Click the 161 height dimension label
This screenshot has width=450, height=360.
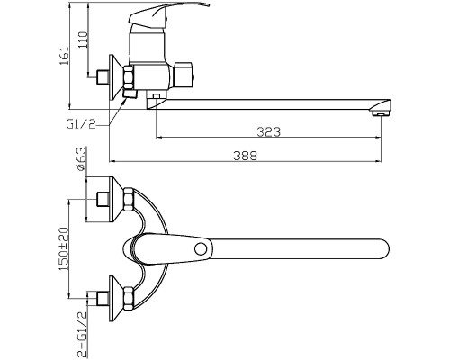pos(65,57)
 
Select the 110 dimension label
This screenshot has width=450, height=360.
pos(83,40)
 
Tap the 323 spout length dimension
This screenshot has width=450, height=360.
pos(269,131)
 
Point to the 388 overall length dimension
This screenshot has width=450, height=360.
pos(245,156)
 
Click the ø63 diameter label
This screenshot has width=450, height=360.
pos(81,159)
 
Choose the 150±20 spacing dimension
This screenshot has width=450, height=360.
pos(64,248)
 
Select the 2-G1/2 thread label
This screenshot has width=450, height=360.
pos(82,334)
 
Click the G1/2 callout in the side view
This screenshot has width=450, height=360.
pos(81,123)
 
